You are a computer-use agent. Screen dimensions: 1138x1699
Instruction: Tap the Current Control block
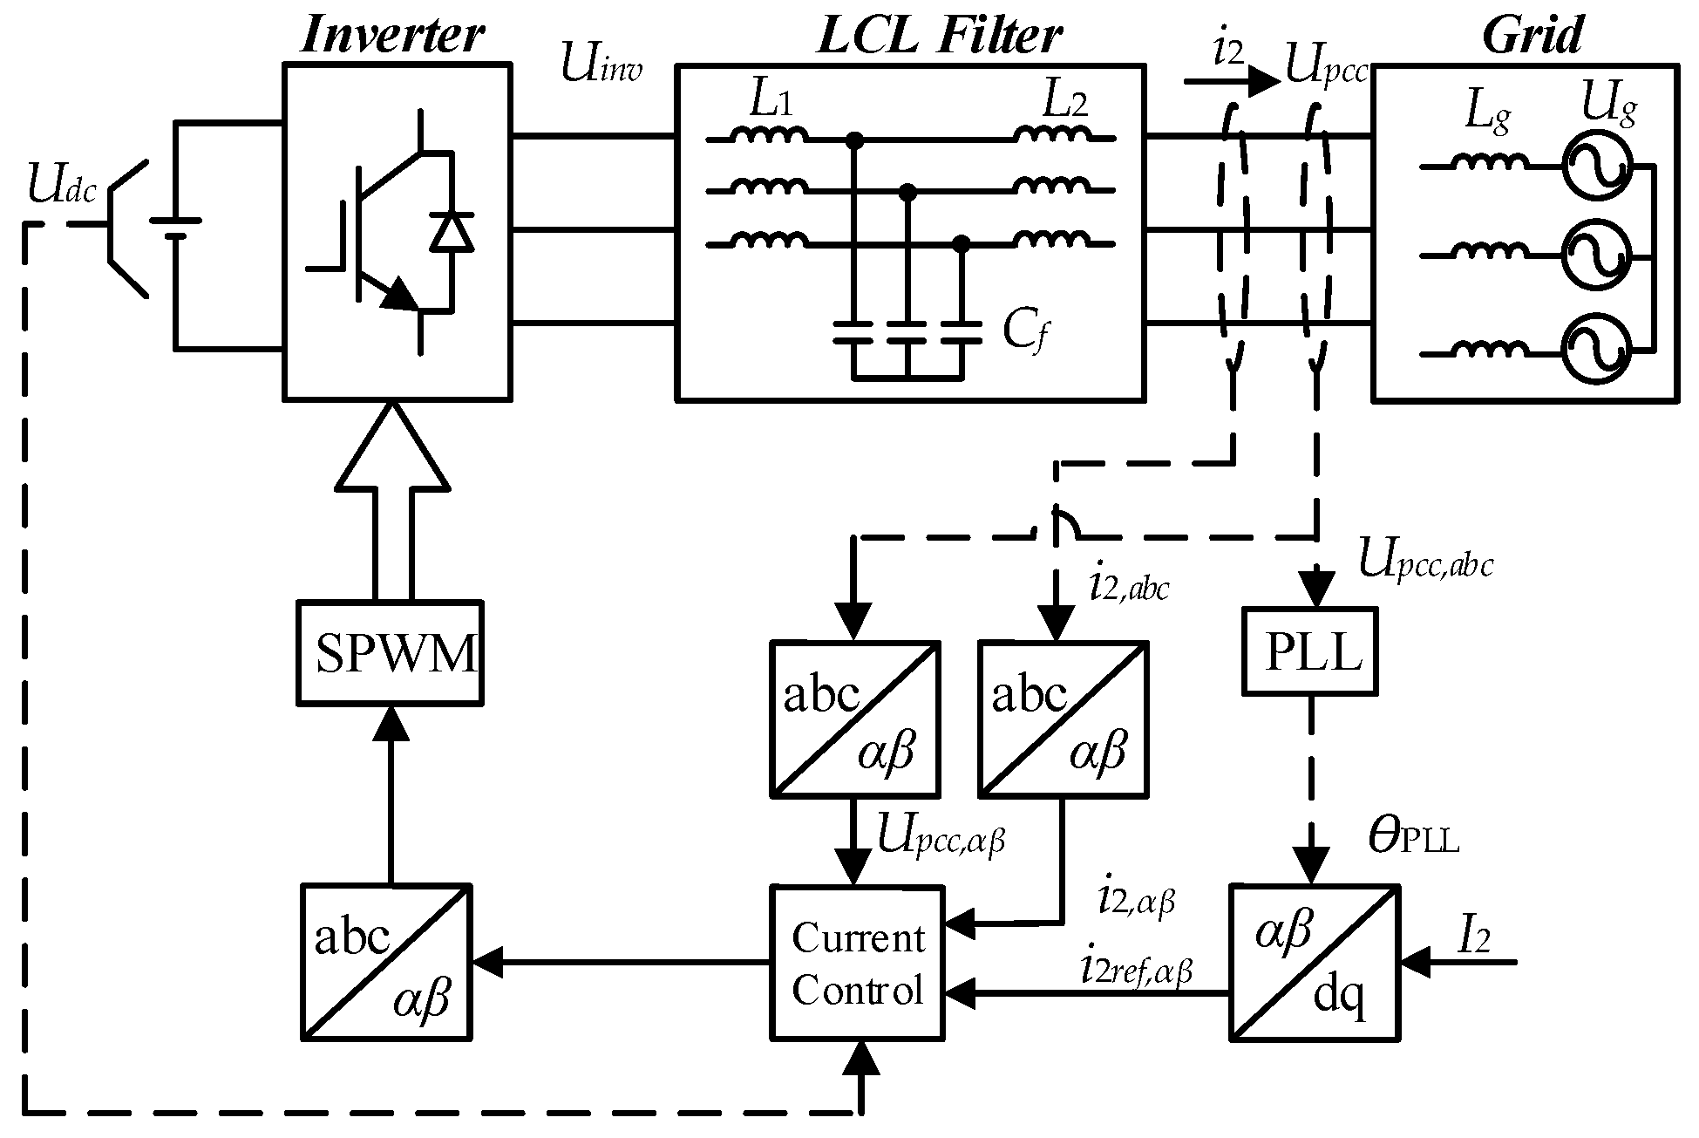tap(858, 963)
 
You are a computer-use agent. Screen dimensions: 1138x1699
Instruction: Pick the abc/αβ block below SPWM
tap(386, 963)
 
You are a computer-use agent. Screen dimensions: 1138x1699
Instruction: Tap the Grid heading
tap(1532, 35)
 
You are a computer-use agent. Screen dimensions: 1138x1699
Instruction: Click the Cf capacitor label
tap(1022, 332)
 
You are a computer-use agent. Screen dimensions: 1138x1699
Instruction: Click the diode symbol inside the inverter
tap(452, 231)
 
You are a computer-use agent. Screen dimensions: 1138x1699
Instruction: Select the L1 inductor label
tap(771, 103)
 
